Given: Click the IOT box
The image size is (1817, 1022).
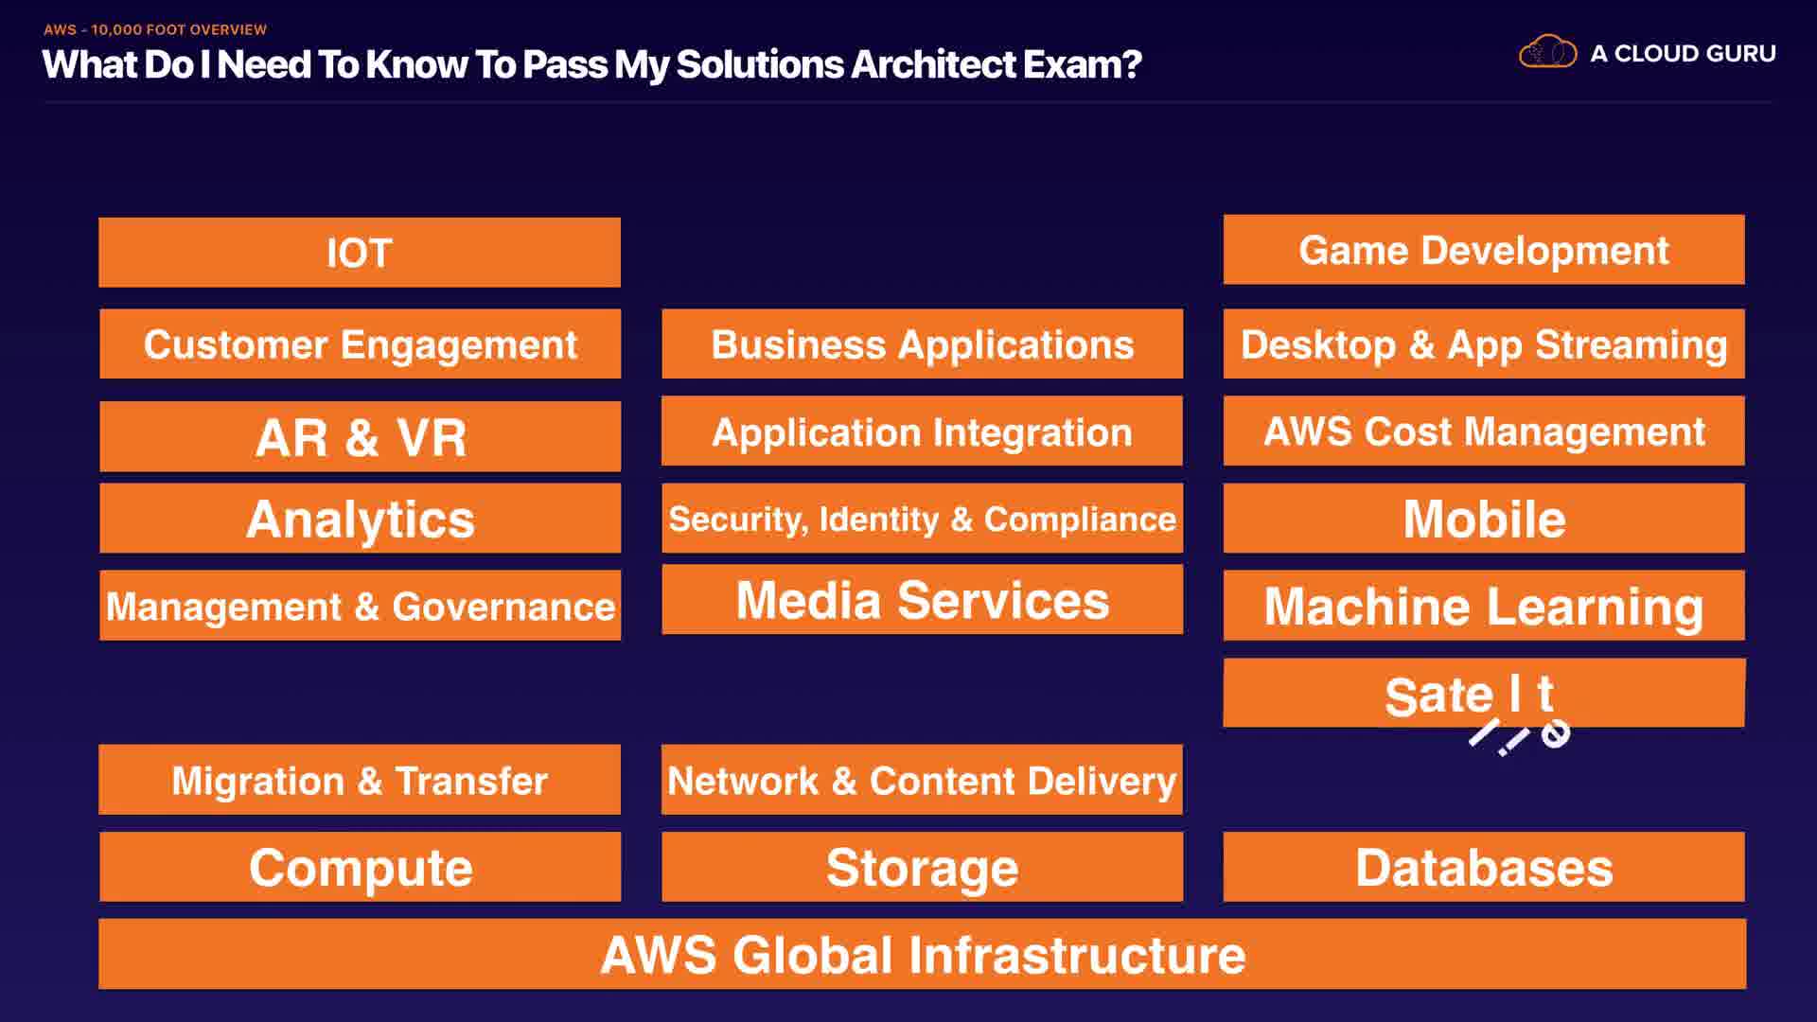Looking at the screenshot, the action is pos(360,253).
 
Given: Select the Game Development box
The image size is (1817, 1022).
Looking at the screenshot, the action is pos(1483,250).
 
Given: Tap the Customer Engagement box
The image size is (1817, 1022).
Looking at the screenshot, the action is pos(360,344).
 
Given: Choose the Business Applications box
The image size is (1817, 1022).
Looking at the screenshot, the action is pos(922,344).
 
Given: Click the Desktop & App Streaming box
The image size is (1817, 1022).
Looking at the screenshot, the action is pos(1483,344).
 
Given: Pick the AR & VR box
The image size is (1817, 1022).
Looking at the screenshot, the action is pos(360,436).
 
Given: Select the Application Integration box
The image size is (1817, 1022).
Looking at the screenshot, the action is pos(922,432).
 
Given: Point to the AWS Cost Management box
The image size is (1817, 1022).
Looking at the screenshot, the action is pos(1483,432).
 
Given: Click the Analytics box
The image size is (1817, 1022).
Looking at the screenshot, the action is pos(360,519).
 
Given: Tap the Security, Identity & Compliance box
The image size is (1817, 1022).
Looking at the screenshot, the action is pos(922,519).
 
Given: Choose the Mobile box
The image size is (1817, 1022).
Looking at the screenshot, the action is pos(1483,519).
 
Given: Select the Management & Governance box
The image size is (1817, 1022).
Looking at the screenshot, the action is pos(360,606).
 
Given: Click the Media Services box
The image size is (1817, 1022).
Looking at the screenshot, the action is pos(922,600).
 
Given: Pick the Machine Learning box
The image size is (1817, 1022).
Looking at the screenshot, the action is pos(1483,606).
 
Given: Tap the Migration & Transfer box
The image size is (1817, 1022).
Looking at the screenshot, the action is pos(360,780).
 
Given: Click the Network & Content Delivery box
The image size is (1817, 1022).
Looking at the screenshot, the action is pos(922,780).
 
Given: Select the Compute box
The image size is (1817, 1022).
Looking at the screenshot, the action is pos(360,867).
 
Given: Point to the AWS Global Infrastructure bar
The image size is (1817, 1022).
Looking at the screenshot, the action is pos(922,954).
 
